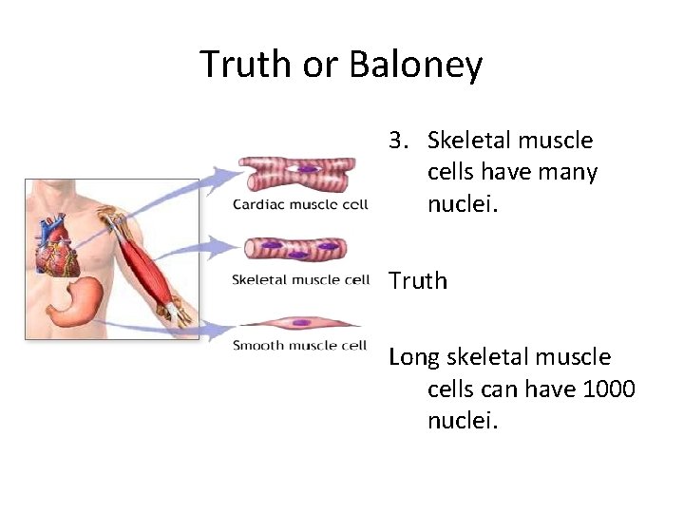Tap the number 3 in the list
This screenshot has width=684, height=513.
(396, 141)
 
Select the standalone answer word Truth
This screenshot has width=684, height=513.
(418, 280)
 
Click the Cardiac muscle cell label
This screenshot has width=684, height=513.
(300, 205)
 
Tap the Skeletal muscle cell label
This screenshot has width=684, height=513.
(300, 279)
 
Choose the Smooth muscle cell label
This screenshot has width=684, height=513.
(300, 345)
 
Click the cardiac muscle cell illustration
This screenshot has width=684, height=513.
(296, 174)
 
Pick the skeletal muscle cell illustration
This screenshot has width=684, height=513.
(295, 250)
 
